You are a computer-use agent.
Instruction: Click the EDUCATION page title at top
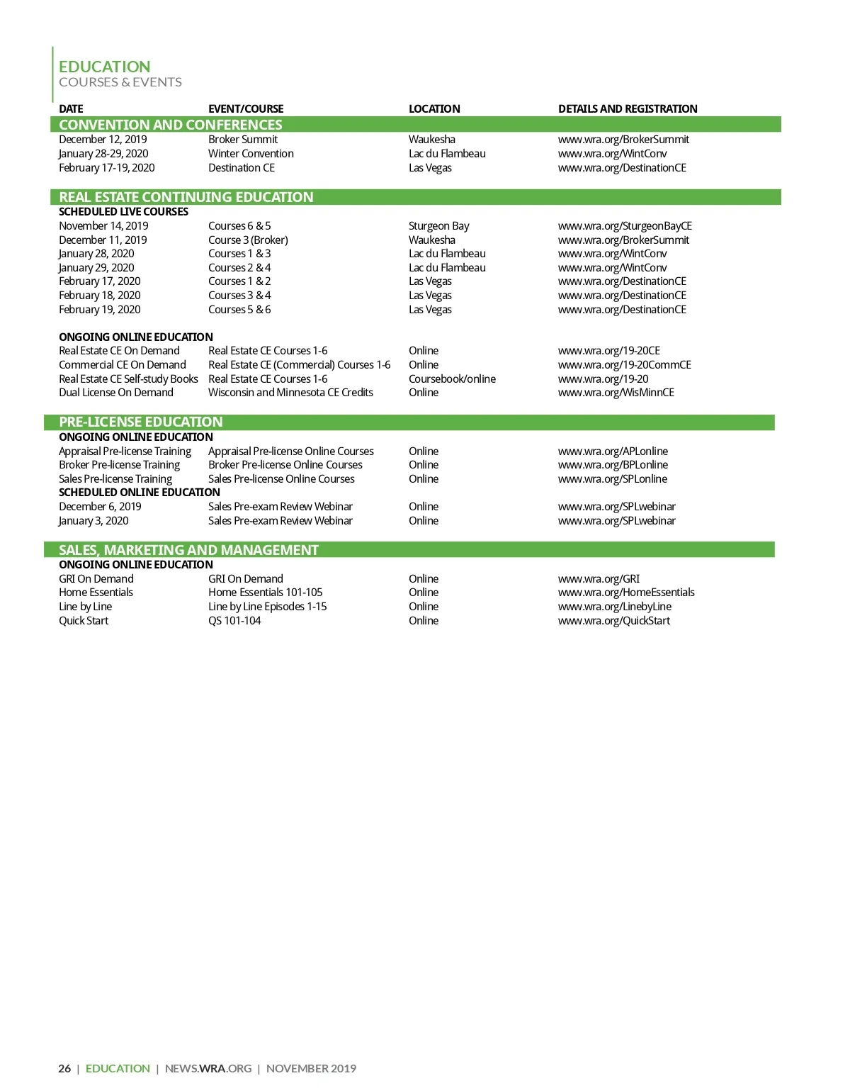click(x=104, y=67)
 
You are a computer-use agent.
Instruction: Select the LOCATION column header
click(x=434, y=108)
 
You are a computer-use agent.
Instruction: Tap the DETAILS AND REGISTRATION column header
click(x=628, y=108)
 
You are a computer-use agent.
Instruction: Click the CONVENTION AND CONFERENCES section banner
click(x=171, y=125)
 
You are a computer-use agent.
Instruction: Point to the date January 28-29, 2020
click(x=103, y=154)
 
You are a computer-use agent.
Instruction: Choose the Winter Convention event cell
click(x=251, y=154)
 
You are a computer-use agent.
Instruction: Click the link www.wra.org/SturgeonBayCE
click(x=625, y=226)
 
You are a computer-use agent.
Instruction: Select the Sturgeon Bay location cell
click(x=438, y=226)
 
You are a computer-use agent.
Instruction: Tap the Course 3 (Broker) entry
click(x=248, y=240)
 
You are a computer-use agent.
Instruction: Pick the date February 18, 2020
click(x=100, y=296)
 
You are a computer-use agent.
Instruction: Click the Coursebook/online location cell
click(x=452, y=379)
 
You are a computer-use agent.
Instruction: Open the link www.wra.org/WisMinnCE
click(x=616, y=393)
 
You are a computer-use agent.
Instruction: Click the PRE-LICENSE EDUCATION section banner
click(x=141, y=422)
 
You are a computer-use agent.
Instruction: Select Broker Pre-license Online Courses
click(x=285, y=465)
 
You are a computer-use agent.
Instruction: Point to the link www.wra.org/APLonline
click(x=613, y=452)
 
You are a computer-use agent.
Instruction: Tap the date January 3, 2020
click(x=93, y=521)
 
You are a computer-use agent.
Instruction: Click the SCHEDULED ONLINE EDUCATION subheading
click(x=140, y=493)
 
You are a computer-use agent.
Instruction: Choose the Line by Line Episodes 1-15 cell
click(x=267, y=607)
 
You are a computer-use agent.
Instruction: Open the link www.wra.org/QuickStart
click(x=613, y=621)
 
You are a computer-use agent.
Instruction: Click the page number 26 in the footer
click(x=64, y=1068)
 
